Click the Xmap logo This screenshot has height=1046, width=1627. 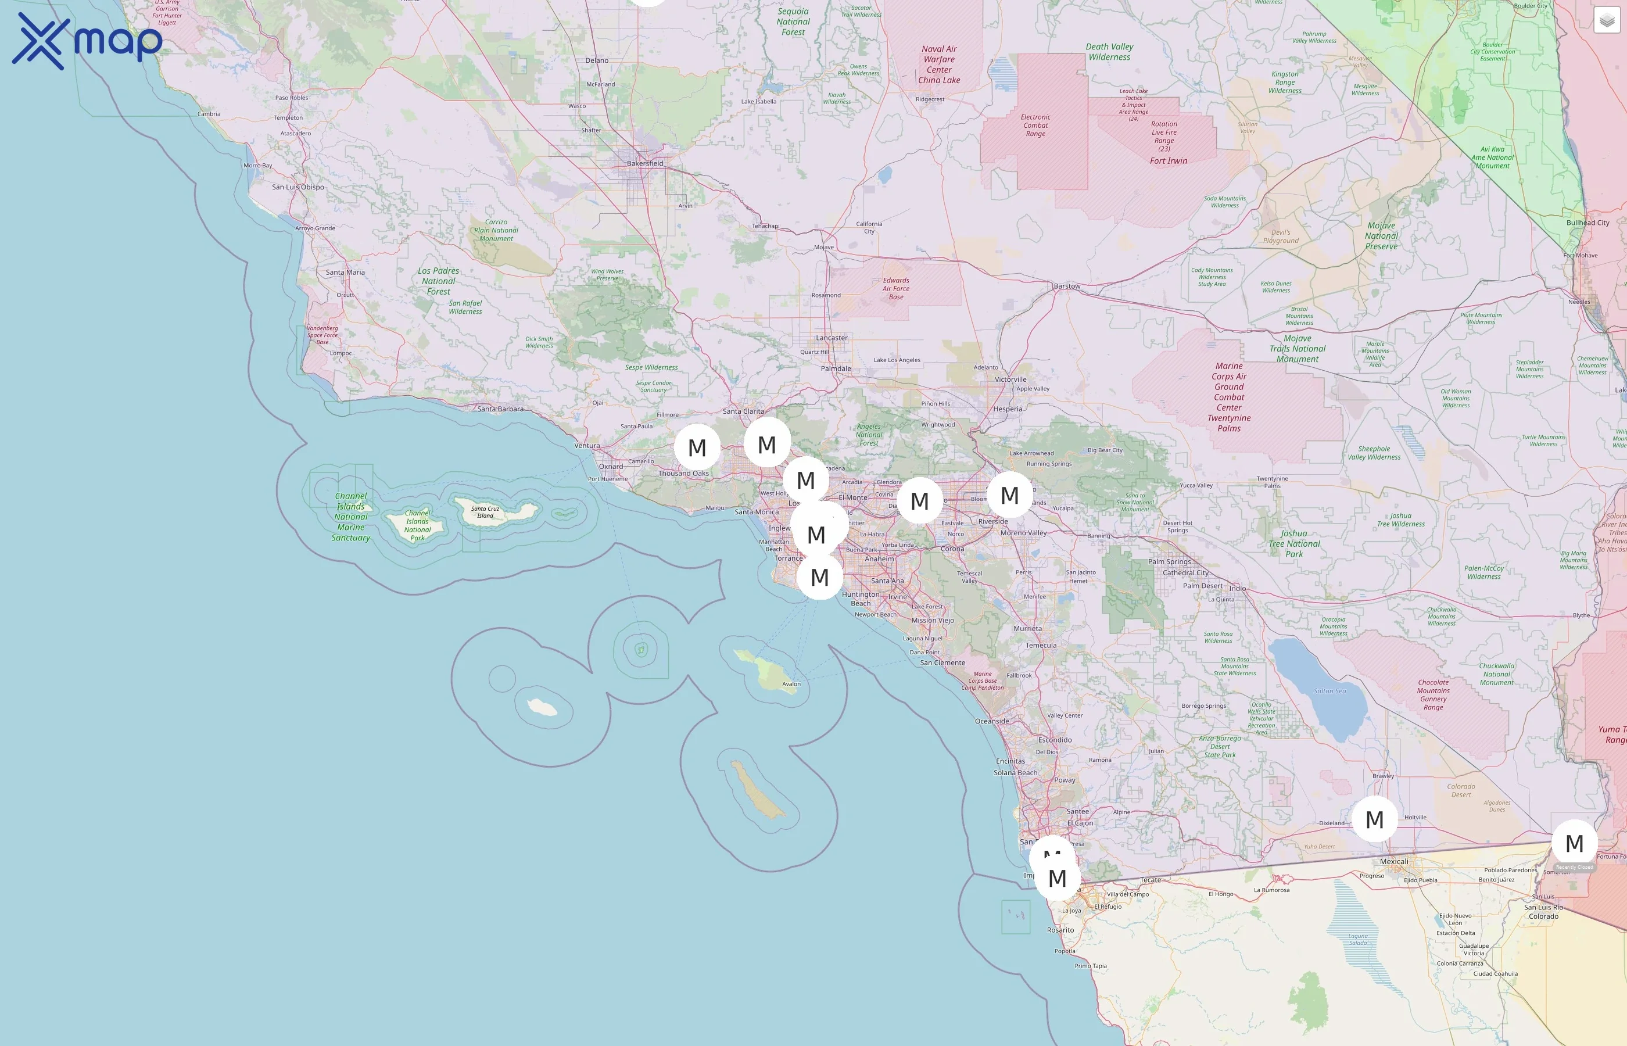[x=87, y=41]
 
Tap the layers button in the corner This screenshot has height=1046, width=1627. [x=1606, y=20]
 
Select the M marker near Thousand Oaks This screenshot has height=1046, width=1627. [x=697, y=447]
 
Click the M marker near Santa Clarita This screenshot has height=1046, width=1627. [x=766, y=443]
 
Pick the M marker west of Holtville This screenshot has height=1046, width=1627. [x=1374, y=819]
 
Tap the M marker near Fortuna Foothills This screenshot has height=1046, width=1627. [x=1574, y=843]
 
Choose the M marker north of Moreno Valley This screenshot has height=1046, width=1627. [x=1009, y=495]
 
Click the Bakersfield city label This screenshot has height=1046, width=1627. [x=644, y=163]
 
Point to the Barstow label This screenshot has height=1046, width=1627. [x=1066, y=286]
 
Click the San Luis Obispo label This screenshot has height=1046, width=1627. [x=298, y=187]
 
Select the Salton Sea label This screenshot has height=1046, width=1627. [x=1329, y=691]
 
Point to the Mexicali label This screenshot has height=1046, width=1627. [x=1393, y=861]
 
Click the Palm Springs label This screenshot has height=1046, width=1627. [x=1169, y=562]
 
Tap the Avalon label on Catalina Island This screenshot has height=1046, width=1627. [x=791, y=684]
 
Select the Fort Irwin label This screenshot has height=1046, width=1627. [x=1168, y=161]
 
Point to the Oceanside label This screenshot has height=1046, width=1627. [x=991, y=721]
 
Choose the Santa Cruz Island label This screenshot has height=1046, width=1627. [x=485, y=511]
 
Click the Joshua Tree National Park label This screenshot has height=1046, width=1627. [x=1293, y=543]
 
